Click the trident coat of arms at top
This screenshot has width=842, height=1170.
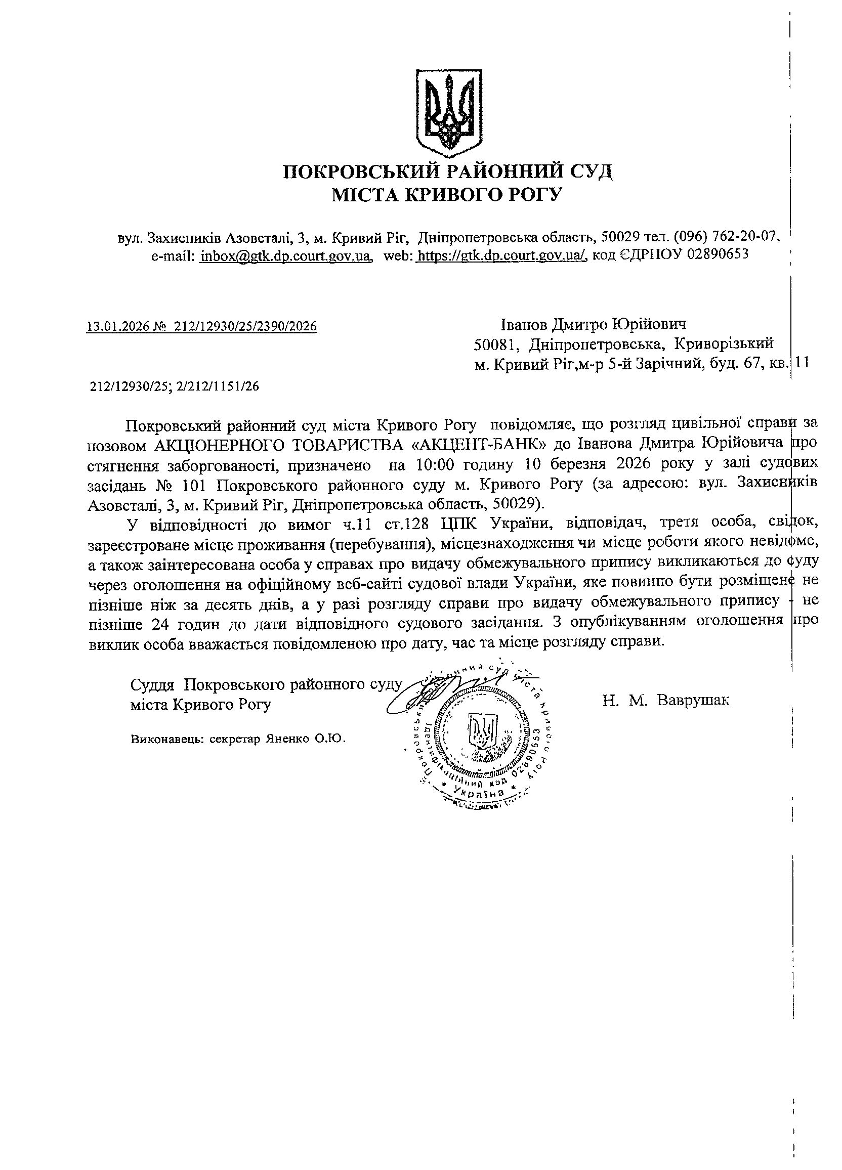click(x=449, y=113)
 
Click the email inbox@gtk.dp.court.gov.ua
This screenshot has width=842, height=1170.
click(x=286, y=255)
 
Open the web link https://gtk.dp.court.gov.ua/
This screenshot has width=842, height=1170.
click(x=501, y=255)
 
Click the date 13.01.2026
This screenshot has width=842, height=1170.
click(x=117, y=327)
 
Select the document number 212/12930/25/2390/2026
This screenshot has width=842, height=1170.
click(x=245, y=327)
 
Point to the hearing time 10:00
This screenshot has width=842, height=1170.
click(x=436, y=464)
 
